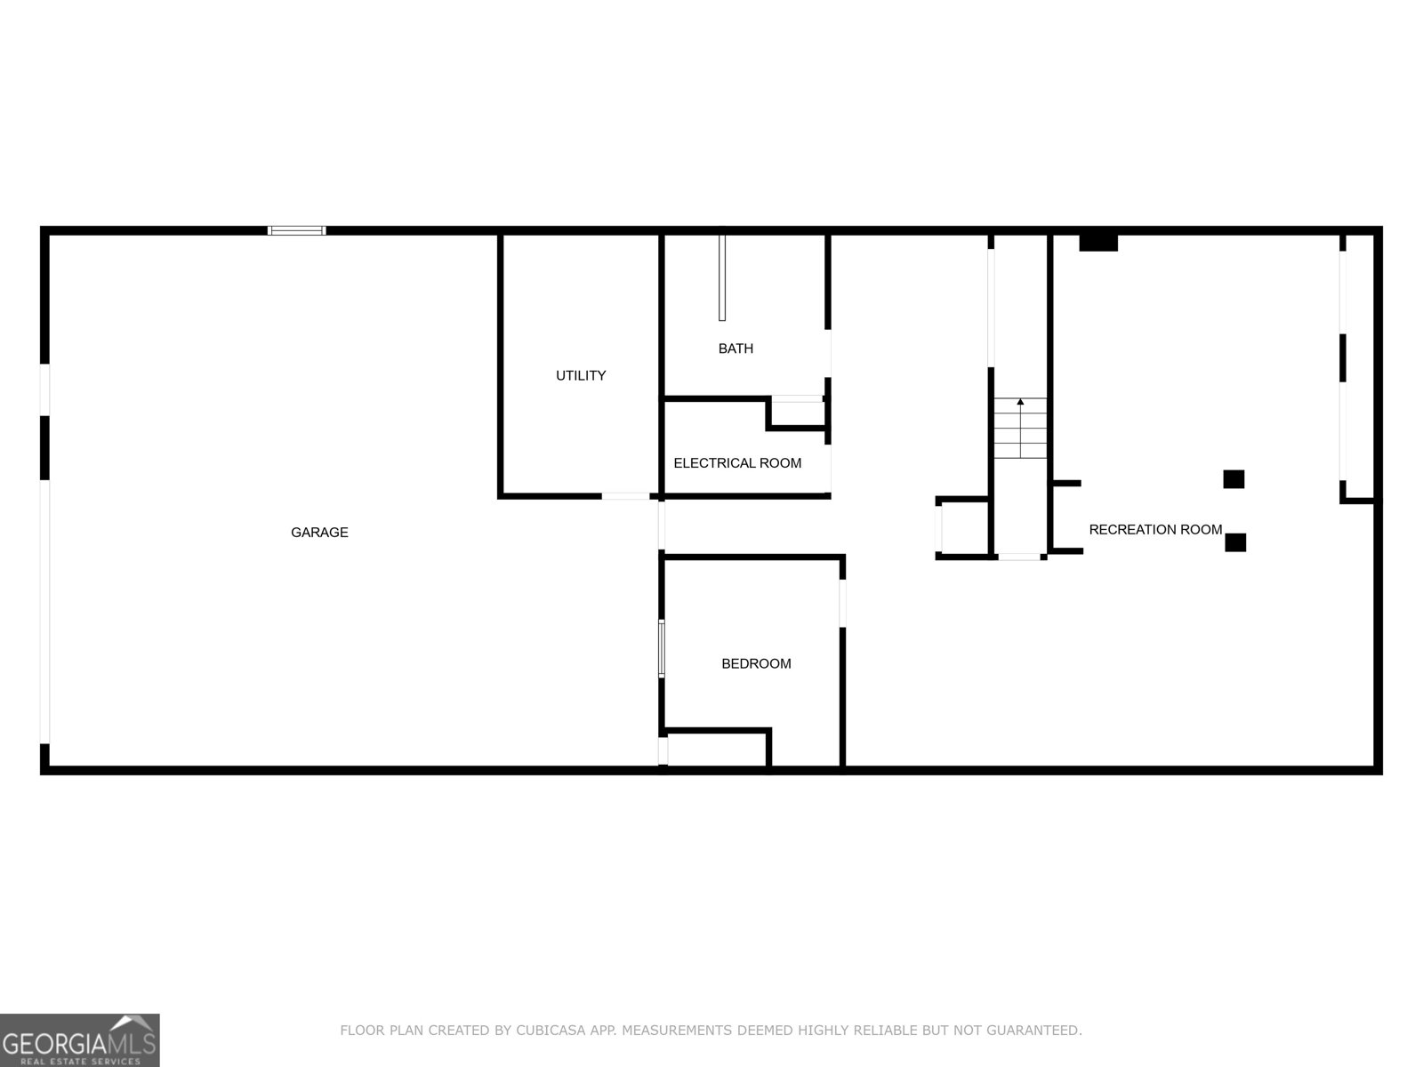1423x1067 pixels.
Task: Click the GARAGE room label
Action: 319,533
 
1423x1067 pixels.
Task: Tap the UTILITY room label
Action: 581,376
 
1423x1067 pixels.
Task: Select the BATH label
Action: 736,349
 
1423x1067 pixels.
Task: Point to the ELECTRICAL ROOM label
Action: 737,463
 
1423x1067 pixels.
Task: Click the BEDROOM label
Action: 756,663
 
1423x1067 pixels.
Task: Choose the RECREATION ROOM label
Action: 1155,530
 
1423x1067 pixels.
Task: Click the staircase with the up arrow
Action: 1020,429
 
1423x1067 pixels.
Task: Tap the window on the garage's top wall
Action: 297,230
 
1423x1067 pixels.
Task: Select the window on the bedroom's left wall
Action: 662,648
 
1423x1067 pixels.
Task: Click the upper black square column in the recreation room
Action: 1234,479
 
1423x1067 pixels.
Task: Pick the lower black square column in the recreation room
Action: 1235,542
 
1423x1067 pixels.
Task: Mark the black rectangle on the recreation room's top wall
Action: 1098,243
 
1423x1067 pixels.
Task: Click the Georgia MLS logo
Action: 79,1040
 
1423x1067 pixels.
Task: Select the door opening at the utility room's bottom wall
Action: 626,495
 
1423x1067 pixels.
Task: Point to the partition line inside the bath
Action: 722,277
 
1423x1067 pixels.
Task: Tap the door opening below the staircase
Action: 1019,557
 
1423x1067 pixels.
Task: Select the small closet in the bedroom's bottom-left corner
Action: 717,750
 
